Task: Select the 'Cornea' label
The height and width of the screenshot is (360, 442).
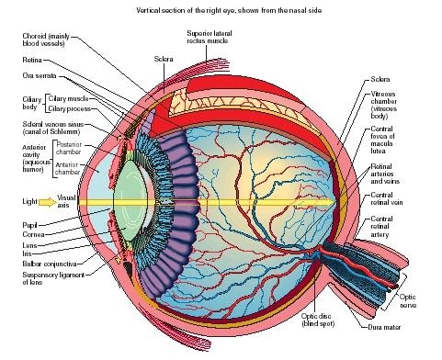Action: click(32, 234)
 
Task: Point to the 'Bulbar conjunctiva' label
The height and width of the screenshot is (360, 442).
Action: click(47, 264)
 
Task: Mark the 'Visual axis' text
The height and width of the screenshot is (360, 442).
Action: click(66, 200)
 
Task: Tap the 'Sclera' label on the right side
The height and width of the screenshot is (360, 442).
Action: click(380, 78)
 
